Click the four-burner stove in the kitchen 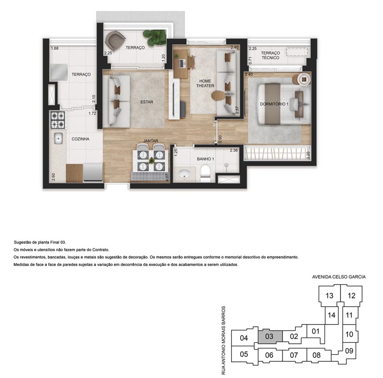pyautogui.click(x=58, y=120)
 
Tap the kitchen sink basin pyautogui.click(x=58, y=139)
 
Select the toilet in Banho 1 pyautogui.click(x=205, y=173)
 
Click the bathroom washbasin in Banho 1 pyautogui.click(x=184, y=174)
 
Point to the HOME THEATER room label pyautogui.click(x=205, y=83)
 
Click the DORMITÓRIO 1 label pyautogui.click(x=274, y=104)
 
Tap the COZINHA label pyautogui.click(x=80, y=139)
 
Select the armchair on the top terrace pyautogui.click(x=115, y=40)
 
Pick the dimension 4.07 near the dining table pyautogui.click(x=167, y=177)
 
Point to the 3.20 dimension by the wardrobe pyautogui.click(x=308, y=155)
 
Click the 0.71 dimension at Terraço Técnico pyautogui.click(x=250, y=60)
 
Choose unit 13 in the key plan pyautogui.click(x=329, y=296)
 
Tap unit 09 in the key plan pyautogui.click(x=349, y=351)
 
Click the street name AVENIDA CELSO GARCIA pyautogui.click(x=339, y=277)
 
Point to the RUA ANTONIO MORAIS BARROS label pyautogui.click(x=223, y=341)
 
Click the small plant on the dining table pyautogui.click(x=151, y=160)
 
